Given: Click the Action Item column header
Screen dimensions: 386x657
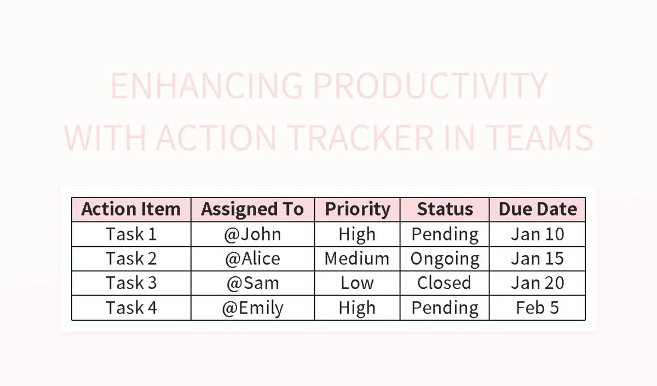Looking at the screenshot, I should point(131,209).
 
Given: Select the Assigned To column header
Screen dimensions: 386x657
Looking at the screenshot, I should point(252,209).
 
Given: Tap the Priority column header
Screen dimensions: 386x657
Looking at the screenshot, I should point(357,209).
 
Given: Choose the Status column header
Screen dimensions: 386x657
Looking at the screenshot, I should point(445,209).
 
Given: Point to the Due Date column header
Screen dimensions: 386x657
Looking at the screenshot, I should point(537,209).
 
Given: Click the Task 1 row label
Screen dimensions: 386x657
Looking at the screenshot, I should point(131,234).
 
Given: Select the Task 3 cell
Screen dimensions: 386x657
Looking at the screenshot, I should point(131,283).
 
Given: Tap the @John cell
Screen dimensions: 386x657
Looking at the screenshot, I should point(252,234).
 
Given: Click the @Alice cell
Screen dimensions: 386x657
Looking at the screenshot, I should point(252,259).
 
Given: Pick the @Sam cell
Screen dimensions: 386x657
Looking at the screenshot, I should point(252,283).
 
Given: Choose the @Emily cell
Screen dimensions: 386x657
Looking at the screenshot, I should point(252,308).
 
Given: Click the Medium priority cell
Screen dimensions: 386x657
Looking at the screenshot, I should point(357,259).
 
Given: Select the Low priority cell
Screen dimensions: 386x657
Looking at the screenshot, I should point(357,283).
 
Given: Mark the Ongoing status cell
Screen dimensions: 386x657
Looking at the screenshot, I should point(445,259).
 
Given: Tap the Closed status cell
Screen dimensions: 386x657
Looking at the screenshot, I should point(445,283).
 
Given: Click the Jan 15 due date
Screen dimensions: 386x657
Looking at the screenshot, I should point(537,259).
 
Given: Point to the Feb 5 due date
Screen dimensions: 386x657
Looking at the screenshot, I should point(537,308).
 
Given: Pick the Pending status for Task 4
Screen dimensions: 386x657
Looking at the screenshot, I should point(445,308).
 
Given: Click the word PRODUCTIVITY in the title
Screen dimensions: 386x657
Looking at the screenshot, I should point(430,86).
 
